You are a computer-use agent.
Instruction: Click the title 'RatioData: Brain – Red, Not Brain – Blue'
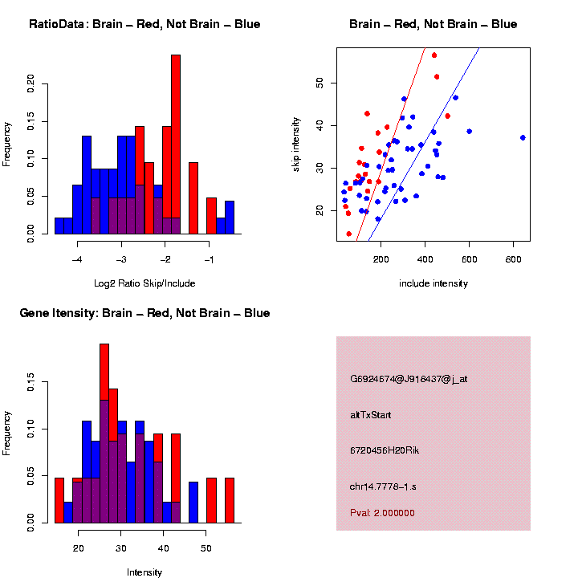tap(144, 24)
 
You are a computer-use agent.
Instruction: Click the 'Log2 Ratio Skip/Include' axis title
tap(144, 283)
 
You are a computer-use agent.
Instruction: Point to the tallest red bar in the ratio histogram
tap(176, 144)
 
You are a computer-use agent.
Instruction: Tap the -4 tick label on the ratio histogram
tap(78, 260)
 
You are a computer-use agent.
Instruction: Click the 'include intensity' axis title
tap(433, 283)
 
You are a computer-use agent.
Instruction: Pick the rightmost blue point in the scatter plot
tap(523, 137)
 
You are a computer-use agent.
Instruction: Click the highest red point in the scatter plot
tap(434, 55)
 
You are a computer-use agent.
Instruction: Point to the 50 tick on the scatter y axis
tap(319, 83)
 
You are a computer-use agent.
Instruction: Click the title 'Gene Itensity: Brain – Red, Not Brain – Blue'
tap(144, 313)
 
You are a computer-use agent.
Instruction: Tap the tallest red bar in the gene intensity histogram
tap(104, 433)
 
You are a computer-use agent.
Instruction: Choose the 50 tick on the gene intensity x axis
tap(206, 549)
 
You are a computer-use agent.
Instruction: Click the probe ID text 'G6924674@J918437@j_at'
tap(409, 379)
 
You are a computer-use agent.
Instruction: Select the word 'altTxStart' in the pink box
tap(371, 415)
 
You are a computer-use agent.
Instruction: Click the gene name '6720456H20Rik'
tap(385, 451)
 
